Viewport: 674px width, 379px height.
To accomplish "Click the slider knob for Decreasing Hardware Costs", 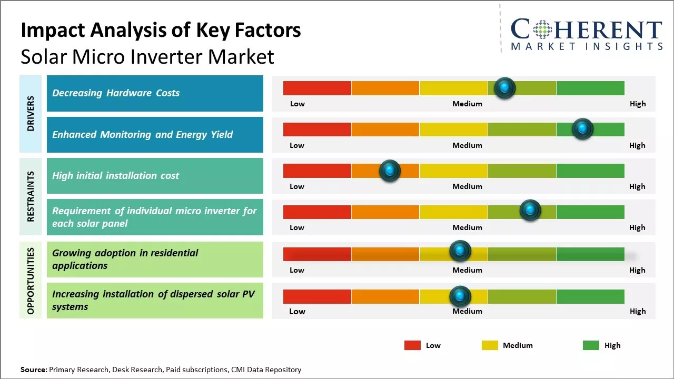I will pyautogui.click(x=505, y=88).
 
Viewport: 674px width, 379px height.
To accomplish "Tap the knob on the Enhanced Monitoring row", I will pyautogui.click(x=582, y=129).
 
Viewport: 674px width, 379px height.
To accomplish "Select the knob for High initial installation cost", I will pyautogui.click(x=390, y=171).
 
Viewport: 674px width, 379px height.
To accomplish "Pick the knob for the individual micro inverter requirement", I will pyautogui.click(x=530, y=211).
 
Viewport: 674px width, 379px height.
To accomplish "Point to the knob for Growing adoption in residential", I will pyautogui.click(x=460, y=251).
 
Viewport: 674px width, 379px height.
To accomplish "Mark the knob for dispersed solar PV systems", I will pyautogui.click(x=460, y=296).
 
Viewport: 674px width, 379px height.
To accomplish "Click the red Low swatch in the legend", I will pyautogui.click(x=412, y=345).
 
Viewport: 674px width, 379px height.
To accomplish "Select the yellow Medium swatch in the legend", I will pyautogui.click(x=490, y=345).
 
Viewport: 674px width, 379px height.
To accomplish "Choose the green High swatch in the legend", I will pyautogui.click(x=591, y=345).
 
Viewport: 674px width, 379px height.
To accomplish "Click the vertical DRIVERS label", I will pyautogui.click(x=31, y=113).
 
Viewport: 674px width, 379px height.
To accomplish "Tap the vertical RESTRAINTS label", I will pyautogui.click(x=31, y=196).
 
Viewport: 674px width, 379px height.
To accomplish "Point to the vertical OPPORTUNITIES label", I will pyautogui.click(x=31, y=281).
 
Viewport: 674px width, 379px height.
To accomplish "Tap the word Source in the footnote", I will pyautogui.click(x=33, y=370).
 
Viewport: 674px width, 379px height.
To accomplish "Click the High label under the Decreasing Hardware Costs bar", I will pyautogui.click(x=637, y=104).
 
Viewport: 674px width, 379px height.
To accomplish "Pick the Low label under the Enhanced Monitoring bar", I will pyautogui.click(x=297, y=145).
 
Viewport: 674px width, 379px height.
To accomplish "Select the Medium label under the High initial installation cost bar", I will pyautogui.click(x=467, y=186).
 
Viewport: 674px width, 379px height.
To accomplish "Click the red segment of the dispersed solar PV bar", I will pyautogui.click(x=317, y=296).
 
